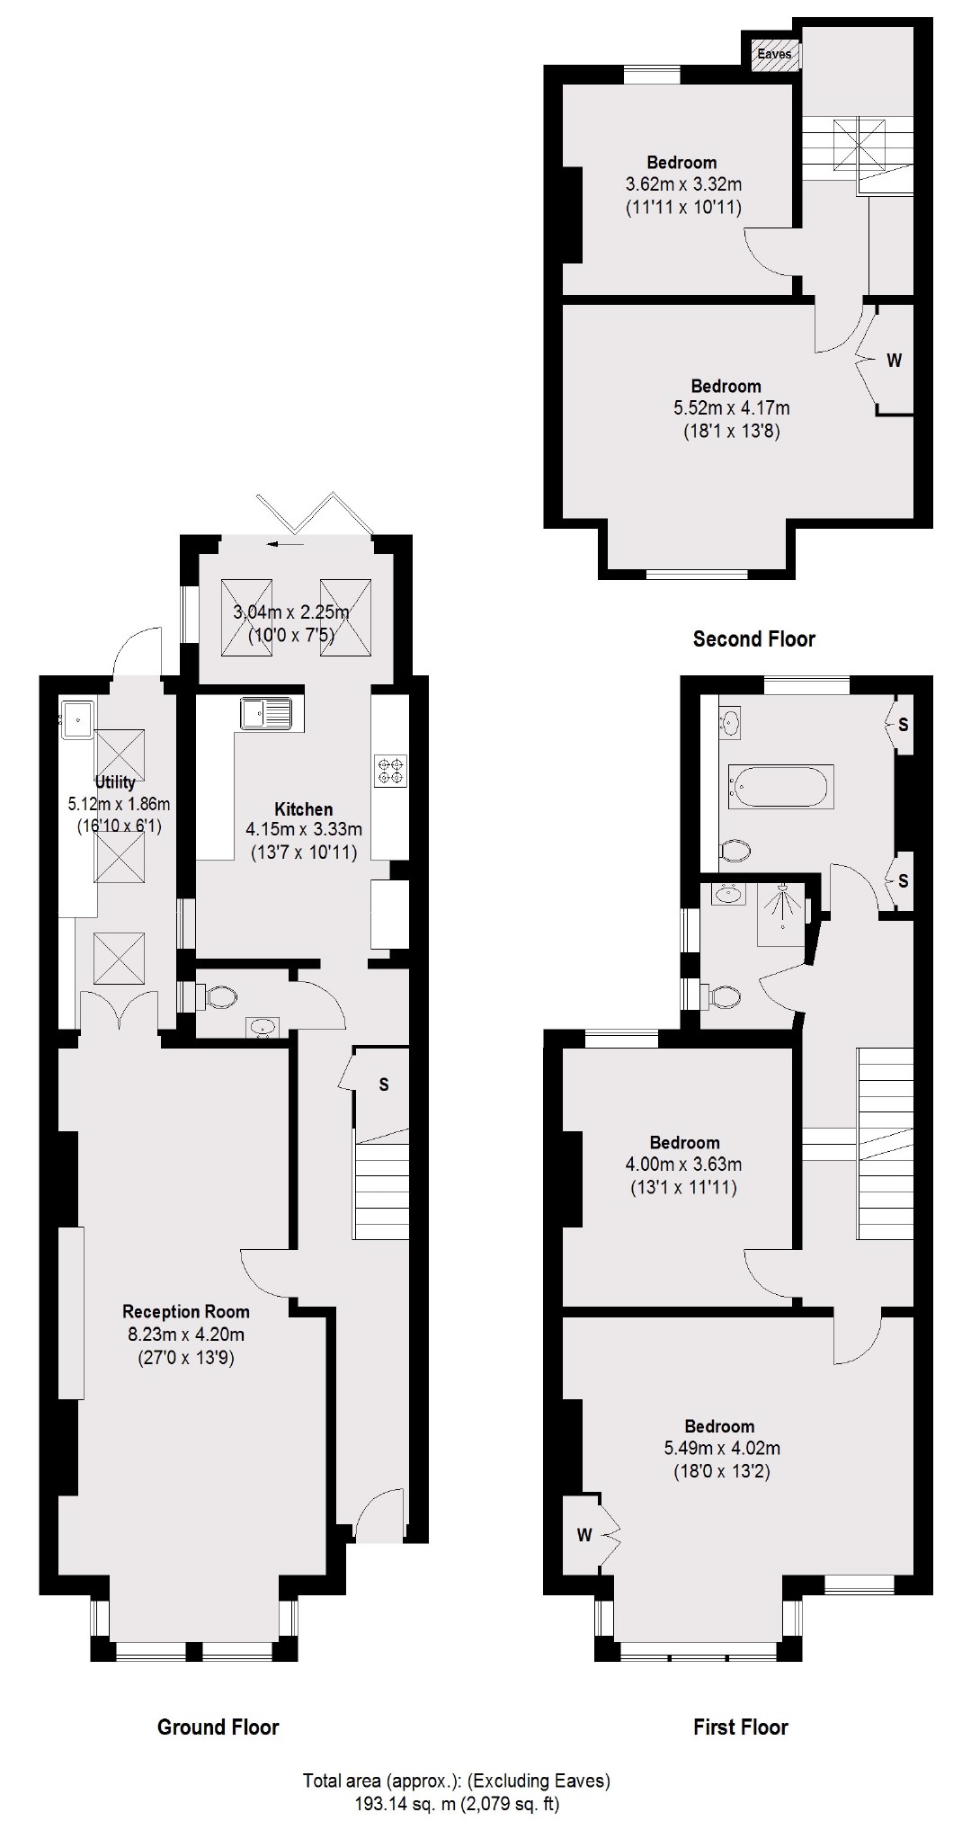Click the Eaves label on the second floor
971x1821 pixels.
pyautogui.click(x=774, y=54)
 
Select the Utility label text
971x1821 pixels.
pyautogui.click(x=115, y=781)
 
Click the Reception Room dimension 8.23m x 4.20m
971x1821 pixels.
pyautogui.click(x=185, y=1335)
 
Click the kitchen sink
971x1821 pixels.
pyautogui.click(x=266, y=714)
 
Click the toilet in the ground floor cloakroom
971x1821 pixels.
pyautogui.click(x=219, y=996)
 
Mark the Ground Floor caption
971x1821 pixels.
pyautogui.click(x=218, y=1727)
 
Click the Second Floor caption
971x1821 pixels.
pyautogui.click(x=753, y=639)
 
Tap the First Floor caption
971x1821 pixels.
pyautogui.click(x=740, y=1727)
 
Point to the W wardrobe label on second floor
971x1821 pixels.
pyautogui.click(x=894, y=362)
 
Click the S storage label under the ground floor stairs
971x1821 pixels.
pyautogui.click(x=384, y=1085)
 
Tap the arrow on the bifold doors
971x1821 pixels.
pyautogui.click(x=286, y=544)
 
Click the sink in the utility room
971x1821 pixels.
pyautogui.click(x=77, y=719)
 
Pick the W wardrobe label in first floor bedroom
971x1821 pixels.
pyautogui.click(x=584, y=1535)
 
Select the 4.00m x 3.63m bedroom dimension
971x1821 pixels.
pyautogui.click(x=683, y=1165)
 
